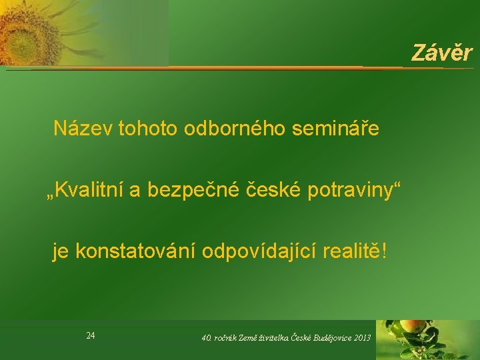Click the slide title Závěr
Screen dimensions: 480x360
[x=442, y=53]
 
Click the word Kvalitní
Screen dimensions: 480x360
[x=89, y=189]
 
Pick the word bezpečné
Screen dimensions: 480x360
[x=193, y=190]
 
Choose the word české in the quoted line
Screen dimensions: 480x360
[x=273, y=189]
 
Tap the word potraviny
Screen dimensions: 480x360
[x=350, y=190]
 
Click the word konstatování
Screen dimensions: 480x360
[x=135, y=251]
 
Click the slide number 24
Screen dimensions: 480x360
[x=90, y=336]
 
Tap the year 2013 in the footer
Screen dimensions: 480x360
[x=363, y=337]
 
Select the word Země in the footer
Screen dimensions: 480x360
[x=247, y=337]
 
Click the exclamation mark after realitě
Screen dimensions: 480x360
[x=384, y=251]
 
